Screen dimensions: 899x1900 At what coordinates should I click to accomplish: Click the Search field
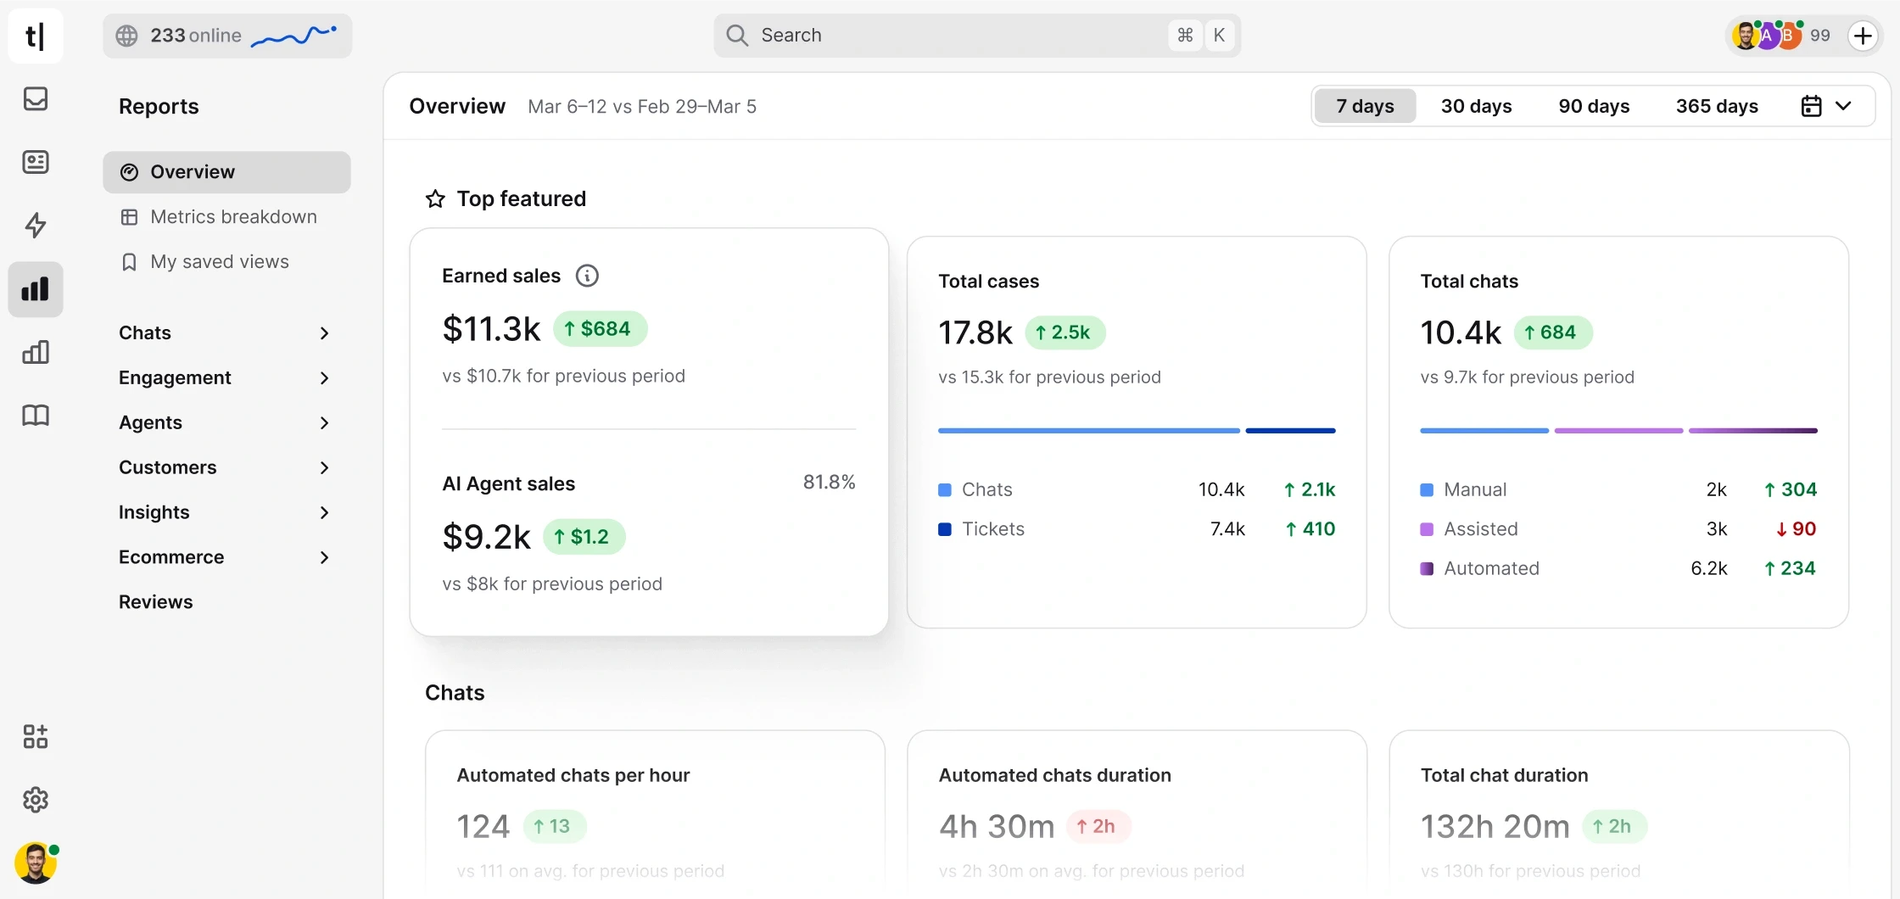coord(958,36)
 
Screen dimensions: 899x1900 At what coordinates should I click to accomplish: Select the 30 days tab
coord(1476,106)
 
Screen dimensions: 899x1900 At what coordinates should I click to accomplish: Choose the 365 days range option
coord(1717,106)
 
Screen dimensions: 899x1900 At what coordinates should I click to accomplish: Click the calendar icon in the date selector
coord(1811,106)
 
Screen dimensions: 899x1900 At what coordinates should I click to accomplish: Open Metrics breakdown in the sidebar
coord(233,217)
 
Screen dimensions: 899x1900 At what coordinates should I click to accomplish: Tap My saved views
coord(219,262)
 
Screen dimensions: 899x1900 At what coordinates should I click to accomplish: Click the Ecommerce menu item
coord(171,557)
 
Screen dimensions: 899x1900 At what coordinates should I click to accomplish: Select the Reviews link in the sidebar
coord(156,602)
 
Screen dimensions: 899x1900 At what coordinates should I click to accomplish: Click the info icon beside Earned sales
coord(587,276)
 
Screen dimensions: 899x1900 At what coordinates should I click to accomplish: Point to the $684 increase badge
coord(600,329)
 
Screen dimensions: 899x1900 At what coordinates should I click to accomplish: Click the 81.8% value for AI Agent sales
coord(829,483)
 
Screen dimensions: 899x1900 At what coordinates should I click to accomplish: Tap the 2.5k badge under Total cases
coord(1065,332)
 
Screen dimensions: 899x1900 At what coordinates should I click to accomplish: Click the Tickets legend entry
coord(992,529)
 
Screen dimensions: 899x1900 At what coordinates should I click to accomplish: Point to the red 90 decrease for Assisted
coord(1796,529)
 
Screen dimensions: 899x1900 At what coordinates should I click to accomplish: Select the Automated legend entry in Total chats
coord(1490,568)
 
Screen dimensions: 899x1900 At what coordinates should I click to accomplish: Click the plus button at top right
coord(1863,36)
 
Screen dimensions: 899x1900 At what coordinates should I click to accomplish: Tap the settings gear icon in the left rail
coord(36,800)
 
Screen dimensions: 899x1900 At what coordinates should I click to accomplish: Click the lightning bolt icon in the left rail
coord(36,226)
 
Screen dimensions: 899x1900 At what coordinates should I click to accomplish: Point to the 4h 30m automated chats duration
coord(997,826)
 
